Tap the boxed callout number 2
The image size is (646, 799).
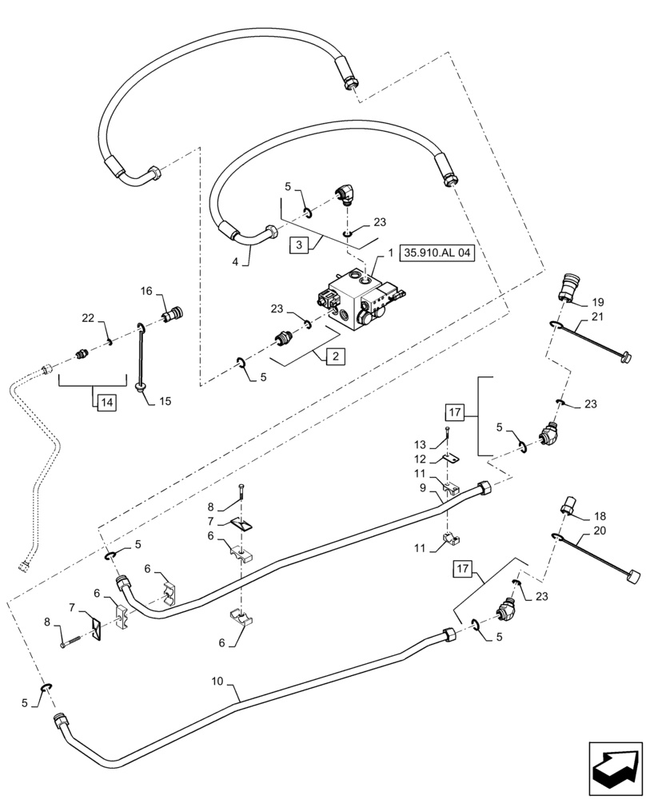pos(335,356)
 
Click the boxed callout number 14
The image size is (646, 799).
pos(105,402)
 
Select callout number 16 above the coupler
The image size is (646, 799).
pos(147,291)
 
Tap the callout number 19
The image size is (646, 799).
pos(599,303)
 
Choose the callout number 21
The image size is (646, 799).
pos(599,317)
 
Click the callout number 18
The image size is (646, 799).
pos(600,517)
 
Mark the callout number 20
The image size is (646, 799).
pos(600,531)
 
